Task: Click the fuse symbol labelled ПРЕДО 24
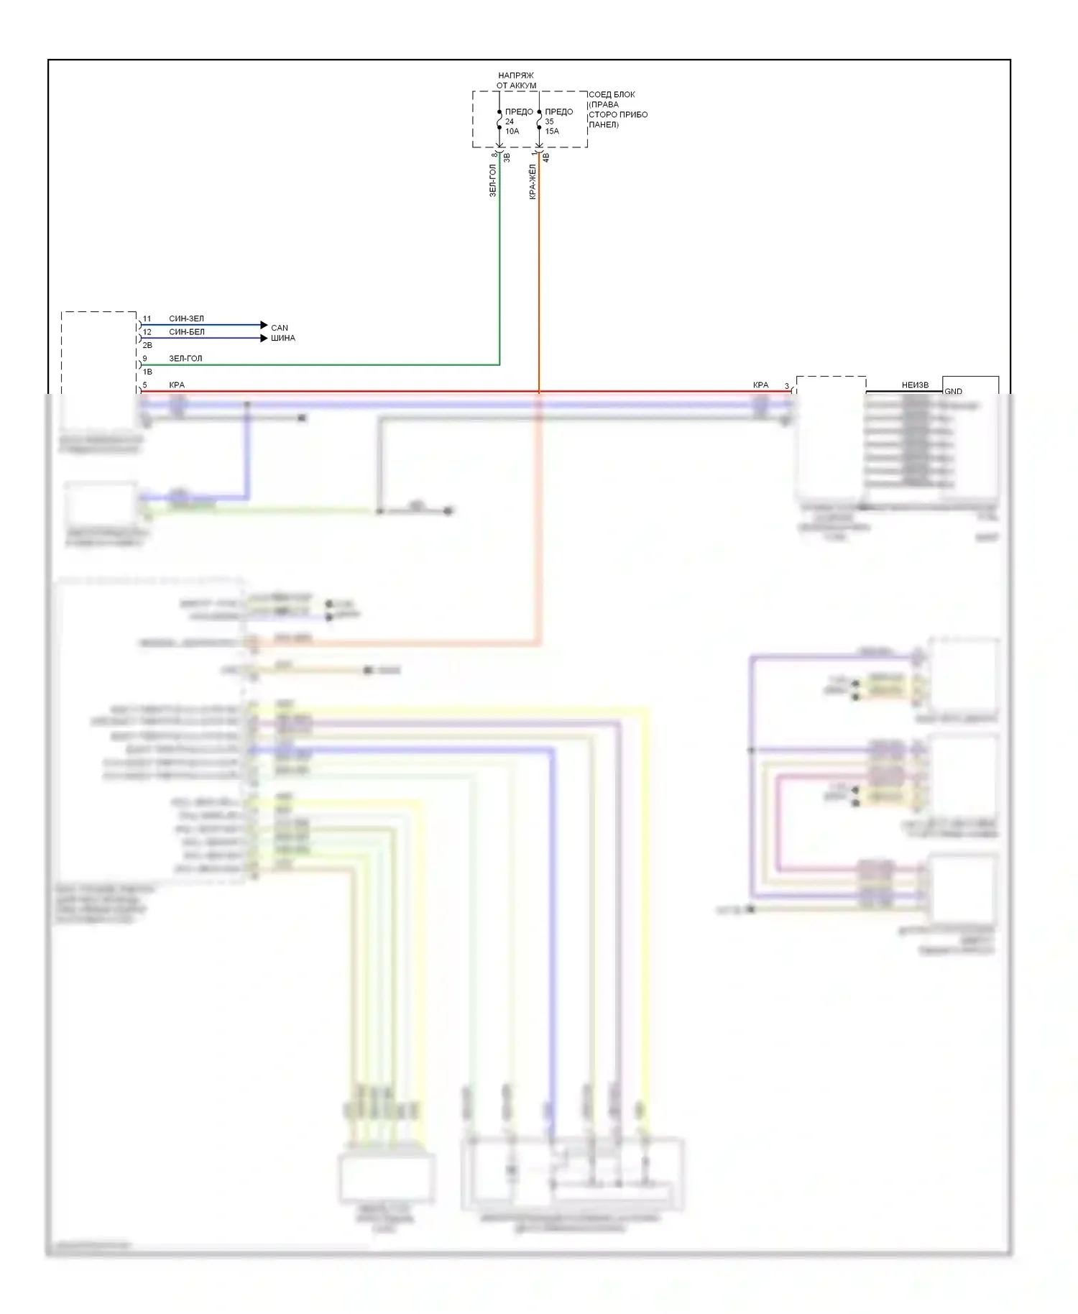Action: pyautogui.click(x=499, y=120)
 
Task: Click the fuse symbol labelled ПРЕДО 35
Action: pyautogui.click(x=539, y=120)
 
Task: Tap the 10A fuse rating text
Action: pyautogui.click(x=512, y=132)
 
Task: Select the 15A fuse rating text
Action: pyautogui.click(x=552, y=132)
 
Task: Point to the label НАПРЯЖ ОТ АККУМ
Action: pyautogui.click(x=516, y=81)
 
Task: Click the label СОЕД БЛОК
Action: pyautogui.click(x=612, y=95)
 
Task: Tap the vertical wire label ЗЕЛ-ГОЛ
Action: pyautogui.click(x=493, y=180)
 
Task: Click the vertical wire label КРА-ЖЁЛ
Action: pyautogui.click(x=533, y=182)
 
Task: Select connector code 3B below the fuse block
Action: pyautogui.click(x=507, y=157)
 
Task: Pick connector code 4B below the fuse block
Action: pyautogui.click(x=546, y=157)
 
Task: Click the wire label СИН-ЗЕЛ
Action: pyautogui.click(x=186, y=318)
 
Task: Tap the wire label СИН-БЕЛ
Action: pyautogui.click(x=187, y=332)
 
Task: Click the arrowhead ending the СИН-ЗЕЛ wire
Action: pyautogui.click(x=264, y=325)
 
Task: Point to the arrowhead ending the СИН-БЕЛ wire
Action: pyautogui.click(x=264, y=338)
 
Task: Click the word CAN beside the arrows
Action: pyautogui.click(x=280, y=328)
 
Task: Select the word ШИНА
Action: pyautogui.click(x=283, y=338)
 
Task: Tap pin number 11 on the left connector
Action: pyautogui.click(x=147, y=318)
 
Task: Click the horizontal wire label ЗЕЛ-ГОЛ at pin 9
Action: pyautogui.click(x=185, y=358)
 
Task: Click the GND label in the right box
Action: pyautogui.click(x=953, y=391)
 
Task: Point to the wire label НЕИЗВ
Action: pyautogui.click(x=915, y=385)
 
